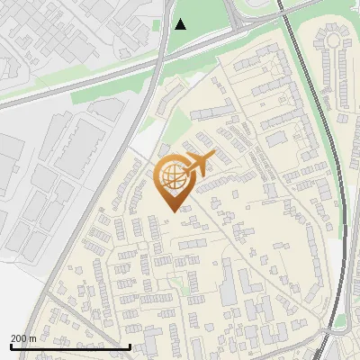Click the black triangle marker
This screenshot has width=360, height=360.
(x=181, y=24)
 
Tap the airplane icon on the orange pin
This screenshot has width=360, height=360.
(x=197, y=164)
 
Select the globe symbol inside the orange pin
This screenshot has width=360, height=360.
(x=172, y=178)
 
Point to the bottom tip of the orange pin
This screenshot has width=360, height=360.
(x=171, y=211)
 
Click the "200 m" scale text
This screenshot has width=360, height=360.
(x=23, y=338)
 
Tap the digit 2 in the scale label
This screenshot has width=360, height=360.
(x=13, y=338)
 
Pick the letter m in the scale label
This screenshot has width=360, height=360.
(x=32, y=338)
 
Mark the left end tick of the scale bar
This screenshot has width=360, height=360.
(x=10, y=346)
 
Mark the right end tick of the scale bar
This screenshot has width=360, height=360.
(x=130, y=346)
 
